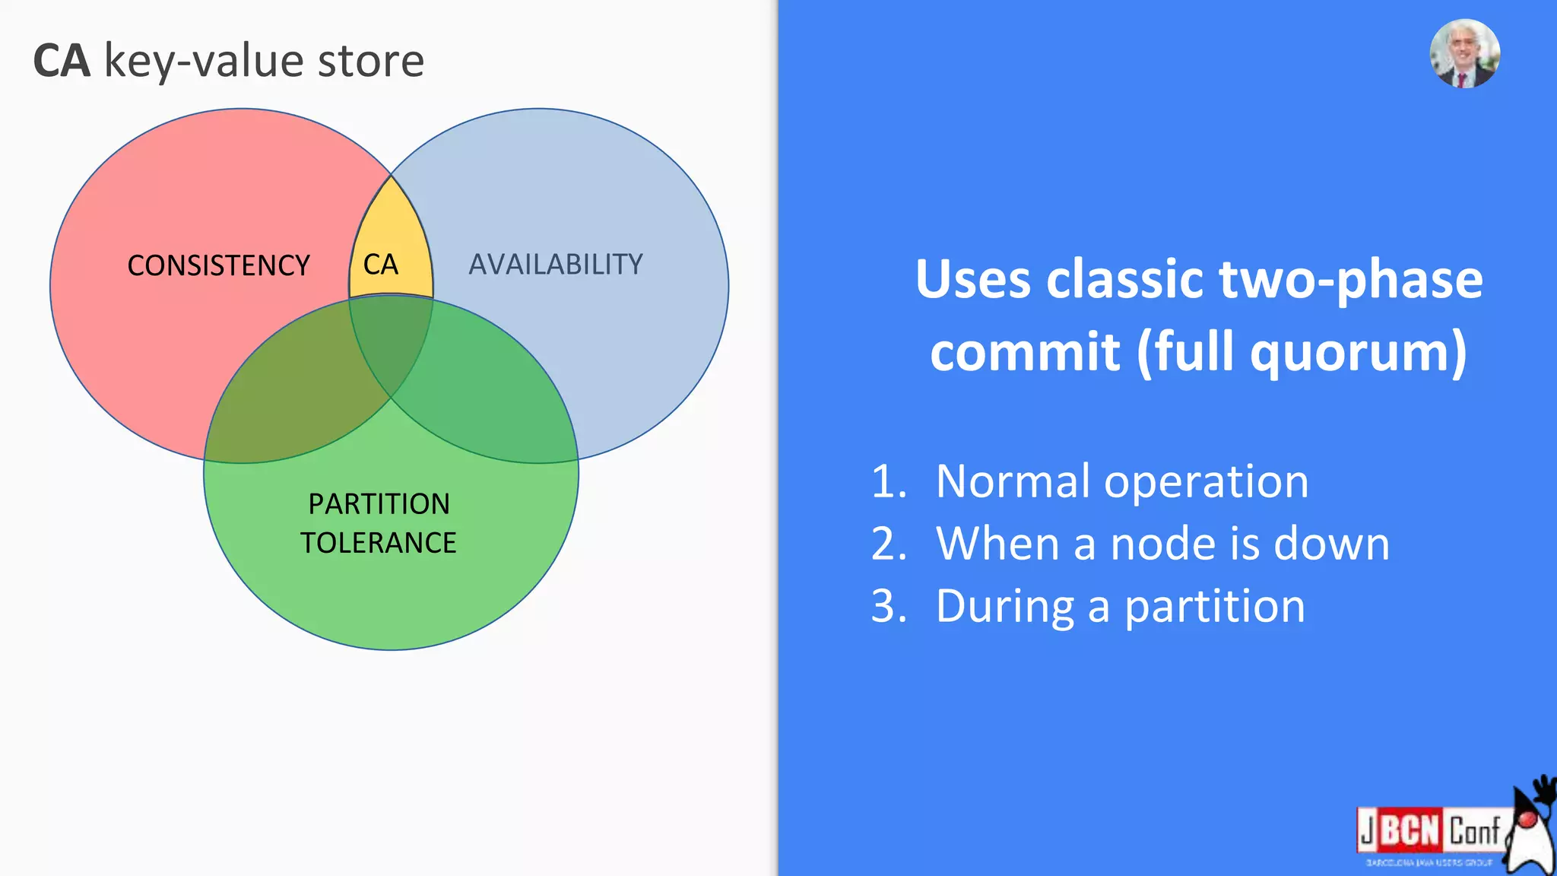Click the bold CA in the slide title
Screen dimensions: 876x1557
[x=62, y=61]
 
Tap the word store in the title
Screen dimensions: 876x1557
[x=370, y=61]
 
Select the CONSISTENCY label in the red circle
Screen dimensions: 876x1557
[x=218, y=265]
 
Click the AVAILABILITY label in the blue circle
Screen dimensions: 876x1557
[x=556, y=264]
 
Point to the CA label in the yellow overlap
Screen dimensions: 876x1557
[x=381, y=265]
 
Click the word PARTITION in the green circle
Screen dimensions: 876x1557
[x=379, y=503]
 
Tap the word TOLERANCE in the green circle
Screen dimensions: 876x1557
[x=378, y=542]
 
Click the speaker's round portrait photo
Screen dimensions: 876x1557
[x=1464, y=54]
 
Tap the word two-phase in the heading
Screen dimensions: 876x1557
[x=1350, y=279]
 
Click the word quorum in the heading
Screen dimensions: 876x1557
[x=1358, y=351]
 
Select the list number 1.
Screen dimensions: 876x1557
[x=888, y=481]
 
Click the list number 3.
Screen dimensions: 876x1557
[x=888, y=607]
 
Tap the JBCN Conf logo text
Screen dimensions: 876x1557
[x=1429, y=830]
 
